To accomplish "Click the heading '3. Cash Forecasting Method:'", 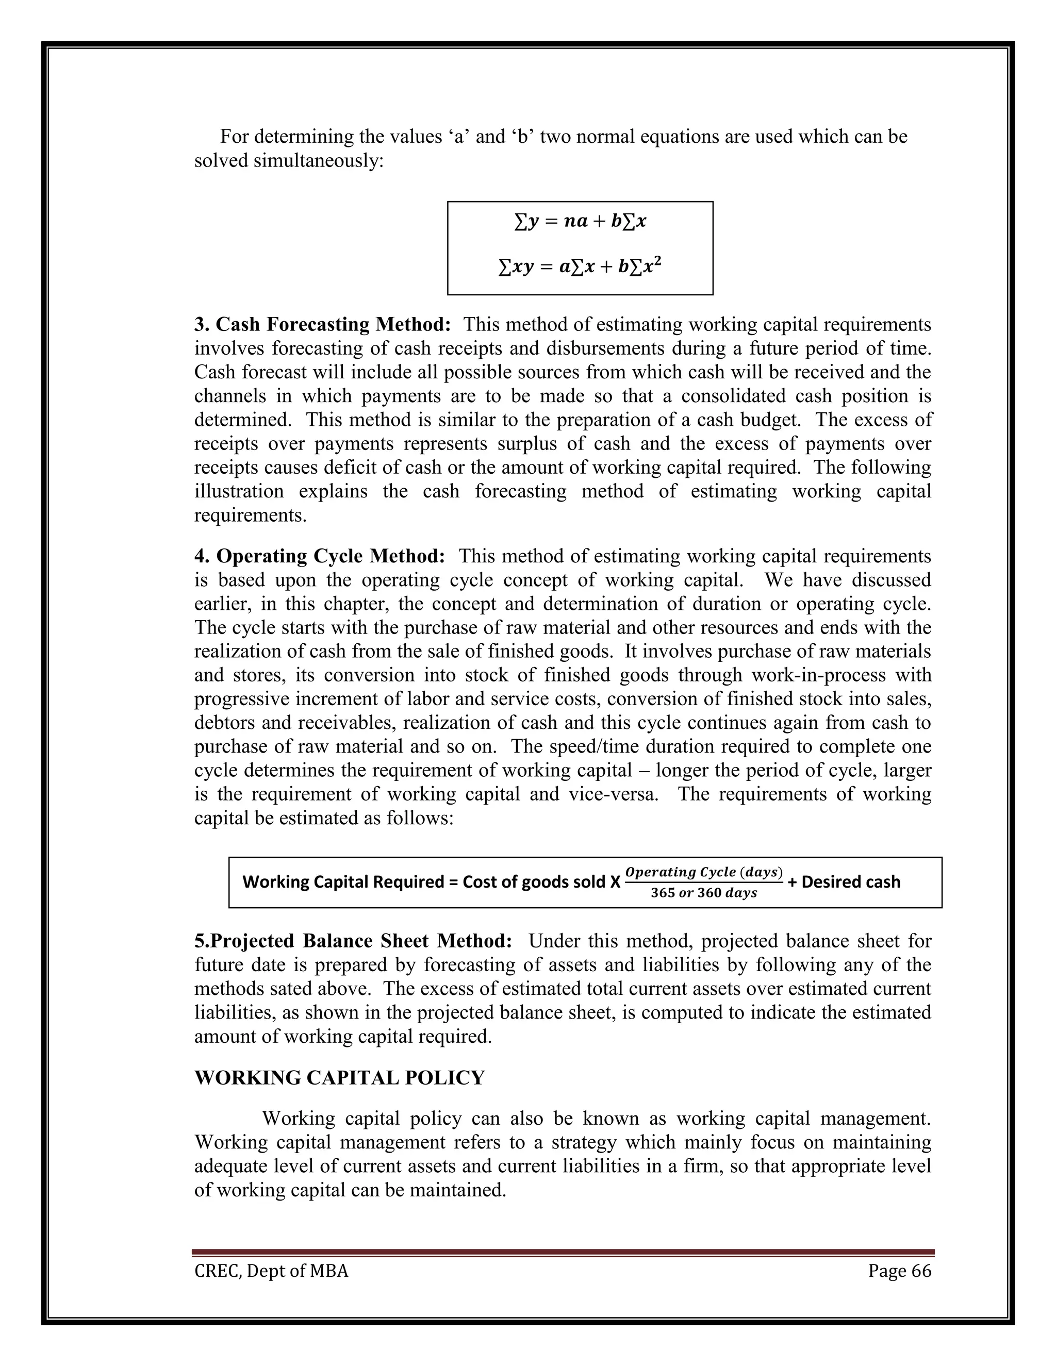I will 322,325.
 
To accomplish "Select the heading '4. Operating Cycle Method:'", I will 320,556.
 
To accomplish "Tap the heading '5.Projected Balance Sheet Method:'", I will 353,941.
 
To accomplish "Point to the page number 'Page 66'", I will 900,1271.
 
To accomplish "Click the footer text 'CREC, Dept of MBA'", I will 271,1271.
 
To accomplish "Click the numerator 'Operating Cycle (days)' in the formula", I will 704,872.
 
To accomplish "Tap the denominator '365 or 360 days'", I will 704,893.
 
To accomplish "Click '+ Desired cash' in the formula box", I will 844,882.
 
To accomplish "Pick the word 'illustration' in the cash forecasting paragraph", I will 238,491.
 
